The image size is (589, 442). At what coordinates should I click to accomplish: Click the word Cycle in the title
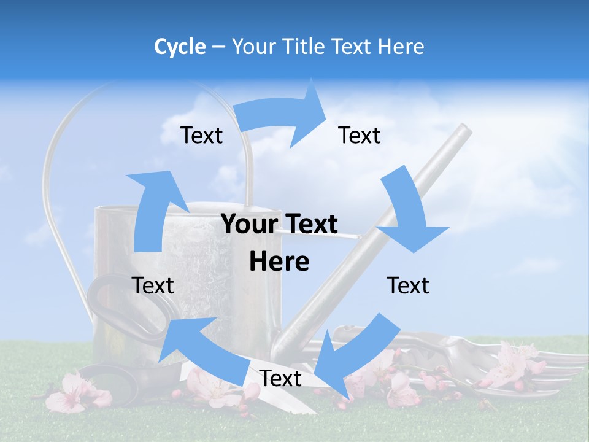pos(180,47)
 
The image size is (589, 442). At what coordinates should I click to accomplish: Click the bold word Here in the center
pos(279,262)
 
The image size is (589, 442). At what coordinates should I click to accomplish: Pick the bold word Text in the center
pos(310,225)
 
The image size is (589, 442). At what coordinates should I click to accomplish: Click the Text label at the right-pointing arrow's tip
pos(360,136)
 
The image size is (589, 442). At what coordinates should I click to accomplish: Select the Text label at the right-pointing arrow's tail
pos(201,136)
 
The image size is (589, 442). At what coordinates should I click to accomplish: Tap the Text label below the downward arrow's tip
pos(408,286)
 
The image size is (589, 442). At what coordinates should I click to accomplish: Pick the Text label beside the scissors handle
pos(153,286)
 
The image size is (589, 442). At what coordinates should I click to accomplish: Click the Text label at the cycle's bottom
pos(280,379)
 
